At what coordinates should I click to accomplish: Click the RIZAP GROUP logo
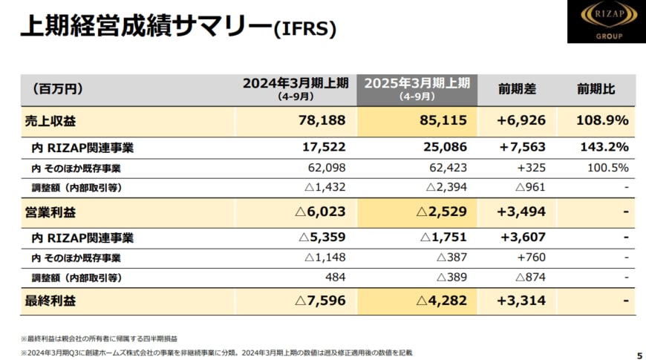pos(602,22)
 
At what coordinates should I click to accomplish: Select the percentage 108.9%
pos(602,120)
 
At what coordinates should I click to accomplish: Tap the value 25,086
pos(443,148)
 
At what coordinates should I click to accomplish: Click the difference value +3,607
pos(521,238)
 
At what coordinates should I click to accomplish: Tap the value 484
pos(336,277)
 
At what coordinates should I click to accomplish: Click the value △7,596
pos(322,301)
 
